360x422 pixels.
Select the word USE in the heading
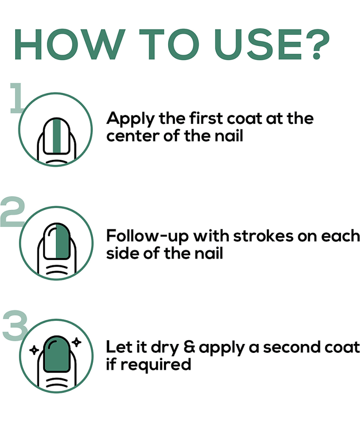click(x=259, y=44)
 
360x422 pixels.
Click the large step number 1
click(x=16, y=98)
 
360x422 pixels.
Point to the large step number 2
click(x=12, y=212)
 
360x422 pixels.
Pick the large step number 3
click(x=15, y=325)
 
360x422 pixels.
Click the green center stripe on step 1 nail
click(x=57, y=137)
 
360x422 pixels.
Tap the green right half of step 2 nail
click(x=63, y=241)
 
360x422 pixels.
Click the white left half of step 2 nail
click(x=50, y=241)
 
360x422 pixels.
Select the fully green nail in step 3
click(x=57, y=354)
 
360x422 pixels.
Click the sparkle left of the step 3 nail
click(x=34, y=350)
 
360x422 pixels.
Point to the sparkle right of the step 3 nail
click(x=76, y=342)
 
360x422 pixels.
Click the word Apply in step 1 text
click(x=131, y=119)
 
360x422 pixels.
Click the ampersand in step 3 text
click(x=190, y=347)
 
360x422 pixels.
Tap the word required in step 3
click(x=155, y=365)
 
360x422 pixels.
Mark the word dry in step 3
click(x=165, y=348)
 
